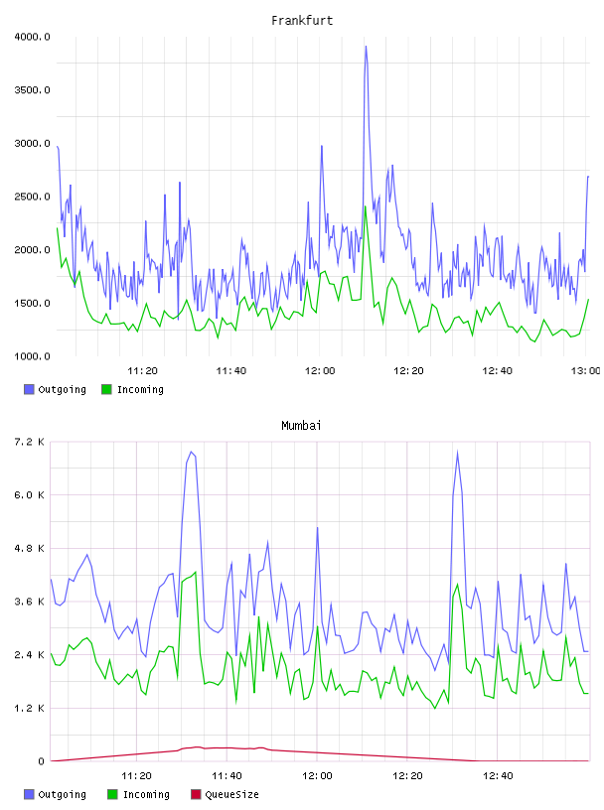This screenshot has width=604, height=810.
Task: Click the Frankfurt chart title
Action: click(x=302, y=21)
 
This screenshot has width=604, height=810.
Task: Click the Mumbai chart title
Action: click(x=301, y=426)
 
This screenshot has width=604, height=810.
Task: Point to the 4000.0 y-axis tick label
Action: click(x=32, y=37)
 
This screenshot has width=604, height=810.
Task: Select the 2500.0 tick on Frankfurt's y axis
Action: click(x=32, y=197)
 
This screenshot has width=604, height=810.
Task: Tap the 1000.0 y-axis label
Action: click(x=32, y=356)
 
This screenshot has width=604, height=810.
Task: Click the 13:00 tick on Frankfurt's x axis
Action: click(x=585, y=370)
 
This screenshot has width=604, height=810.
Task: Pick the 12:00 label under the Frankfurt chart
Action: click(x=320, y=370)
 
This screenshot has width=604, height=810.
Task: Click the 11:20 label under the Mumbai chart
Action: click(x=136, y=775)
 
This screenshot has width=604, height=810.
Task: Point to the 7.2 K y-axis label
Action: click(x=29, y=442)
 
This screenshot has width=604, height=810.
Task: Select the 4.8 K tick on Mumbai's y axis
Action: click(x=29, y=548)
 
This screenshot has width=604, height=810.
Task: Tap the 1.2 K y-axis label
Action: click(x=29, y=708)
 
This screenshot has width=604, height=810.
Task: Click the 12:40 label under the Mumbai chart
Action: click(x=498, y=775)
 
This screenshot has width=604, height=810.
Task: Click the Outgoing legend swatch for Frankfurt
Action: click(x=29, y=389)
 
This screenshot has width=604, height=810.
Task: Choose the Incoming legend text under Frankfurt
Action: click(x=140, y=389)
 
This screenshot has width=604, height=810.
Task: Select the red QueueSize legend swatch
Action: click(x=196, y=794)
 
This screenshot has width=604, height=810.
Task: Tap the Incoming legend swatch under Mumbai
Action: click(x=112, y=794)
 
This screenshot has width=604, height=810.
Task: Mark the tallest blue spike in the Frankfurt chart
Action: click(x=367, y=47)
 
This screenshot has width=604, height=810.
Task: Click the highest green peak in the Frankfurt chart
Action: click(x=366, y=206)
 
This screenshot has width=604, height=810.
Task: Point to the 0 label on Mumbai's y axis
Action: click(x=41, y=761)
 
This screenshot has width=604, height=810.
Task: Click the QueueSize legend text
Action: click(x=231, y=794)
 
